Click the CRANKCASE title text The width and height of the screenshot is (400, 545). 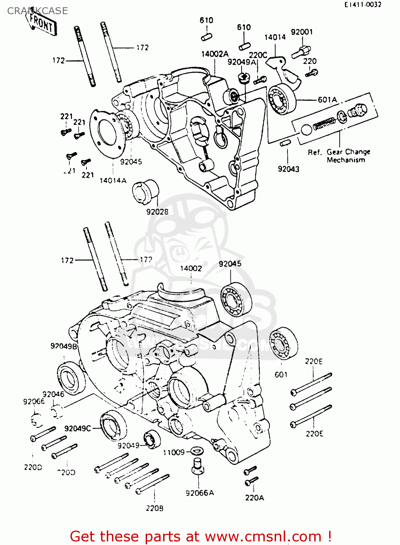(37, 11)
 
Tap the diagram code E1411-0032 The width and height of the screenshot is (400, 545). (363, 4)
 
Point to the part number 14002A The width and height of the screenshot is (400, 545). (215, 54)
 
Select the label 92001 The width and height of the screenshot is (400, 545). (302, 32)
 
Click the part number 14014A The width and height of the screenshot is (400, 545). (113, 180)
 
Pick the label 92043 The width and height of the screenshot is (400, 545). (288, 169)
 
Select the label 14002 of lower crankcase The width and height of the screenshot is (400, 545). (191, 268)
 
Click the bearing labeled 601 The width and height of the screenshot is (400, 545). (283, 343)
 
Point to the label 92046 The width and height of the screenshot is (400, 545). (53, 394)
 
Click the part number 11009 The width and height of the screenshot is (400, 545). (174, 452)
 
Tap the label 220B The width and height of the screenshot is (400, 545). (154, 508)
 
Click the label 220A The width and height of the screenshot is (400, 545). (254, 498)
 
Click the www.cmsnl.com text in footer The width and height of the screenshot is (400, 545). (263, 537)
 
